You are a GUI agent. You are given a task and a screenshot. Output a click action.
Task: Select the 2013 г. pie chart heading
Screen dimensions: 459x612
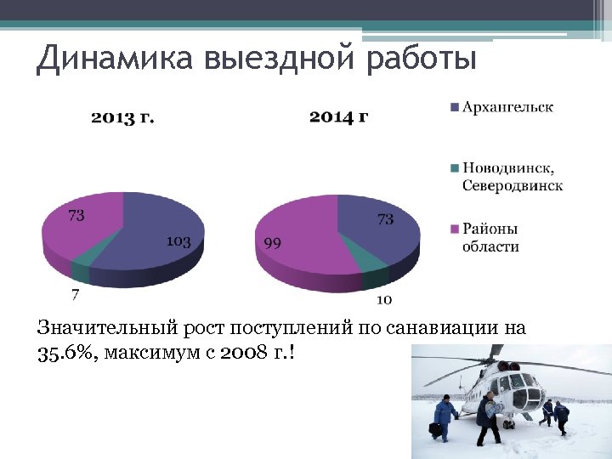(123, 116)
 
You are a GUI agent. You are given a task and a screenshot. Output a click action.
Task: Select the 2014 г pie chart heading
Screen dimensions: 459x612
(338, 116)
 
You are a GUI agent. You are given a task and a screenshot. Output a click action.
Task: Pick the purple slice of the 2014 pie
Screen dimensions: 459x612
(306, 238)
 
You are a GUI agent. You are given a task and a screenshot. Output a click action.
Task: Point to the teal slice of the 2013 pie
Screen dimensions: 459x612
(81, 270)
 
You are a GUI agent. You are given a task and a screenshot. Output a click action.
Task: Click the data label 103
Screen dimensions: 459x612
(178, 241)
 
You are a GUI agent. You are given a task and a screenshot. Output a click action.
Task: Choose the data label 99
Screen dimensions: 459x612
(273, 243)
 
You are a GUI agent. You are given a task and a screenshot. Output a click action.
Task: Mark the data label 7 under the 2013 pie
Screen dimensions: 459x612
(76, 295)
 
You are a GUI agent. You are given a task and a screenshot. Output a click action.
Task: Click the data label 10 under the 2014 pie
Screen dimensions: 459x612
(384, 299)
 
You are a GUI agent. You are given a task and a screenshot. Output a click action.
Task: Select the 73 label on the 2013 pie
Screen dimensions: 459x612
(76, 216)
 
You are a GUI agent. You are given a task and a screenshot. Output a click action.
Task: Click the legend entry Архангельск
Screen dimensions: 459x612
(507, 107)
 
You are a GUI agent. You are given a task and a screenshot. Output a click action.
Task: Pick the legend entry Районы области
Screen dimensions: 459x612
(490, 238)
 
